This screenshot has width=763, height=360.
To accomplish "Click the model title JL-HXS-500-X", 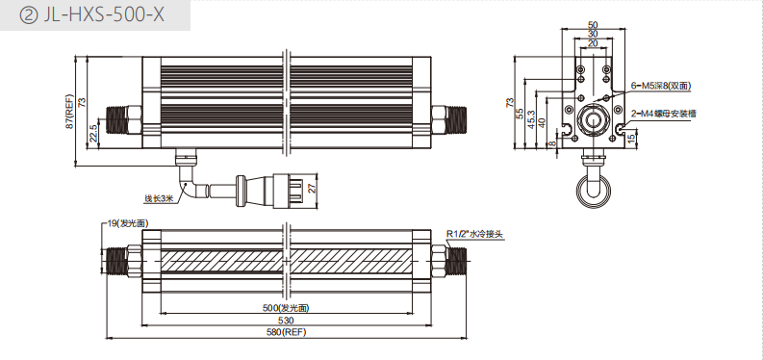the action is pyautogui.click(x=104, y=15).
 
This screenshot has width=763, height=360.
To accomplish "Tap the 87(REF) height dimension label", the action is pyautogui.click(x=69, y=112).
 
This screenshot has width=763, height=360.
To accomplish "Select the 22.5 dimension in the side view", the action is pyautogui.click(x=92, y=132).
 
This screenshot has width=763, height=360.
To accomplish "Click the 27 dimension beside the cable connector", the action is pyautogui.click(x=313, y=187).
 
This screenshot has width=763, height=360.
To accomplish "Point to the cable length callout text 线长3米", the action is pyautogui.click(x=158, y=198).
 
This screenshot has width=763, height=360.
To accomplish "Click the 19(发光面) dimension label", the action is pyautogui.click(x=128, y=223).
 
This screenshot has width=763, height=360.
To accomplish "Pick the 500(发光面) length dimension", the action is pyautogui.click(x=286, y=307).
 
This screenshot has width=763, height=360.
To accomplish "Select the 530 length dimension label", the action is pyautogui.click(x=287, y=321).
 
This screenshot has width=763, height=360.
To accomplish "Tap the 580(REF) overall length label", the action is pyautogui.click(x=286, y=332).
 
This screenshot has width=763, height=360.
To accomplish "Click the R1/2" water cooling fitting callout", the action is pyautogui.click(x=474, y=235).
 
